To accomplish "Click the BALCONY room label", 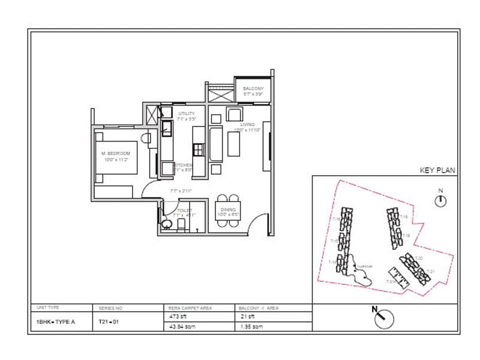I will click(253, 88).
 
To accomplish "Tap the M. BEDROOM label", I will click(115, 154).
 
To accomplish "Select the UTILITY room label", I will click(187, 113).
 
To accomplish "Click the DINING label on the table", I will click(227, 209).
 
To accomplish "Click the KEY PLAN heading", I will click(437, 170).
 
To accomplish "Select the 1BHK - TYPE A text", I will click(56, 321).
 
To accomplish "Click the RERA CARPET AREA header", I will click(190, 308).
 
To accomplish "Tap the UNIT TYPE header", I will click(48, 307).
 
